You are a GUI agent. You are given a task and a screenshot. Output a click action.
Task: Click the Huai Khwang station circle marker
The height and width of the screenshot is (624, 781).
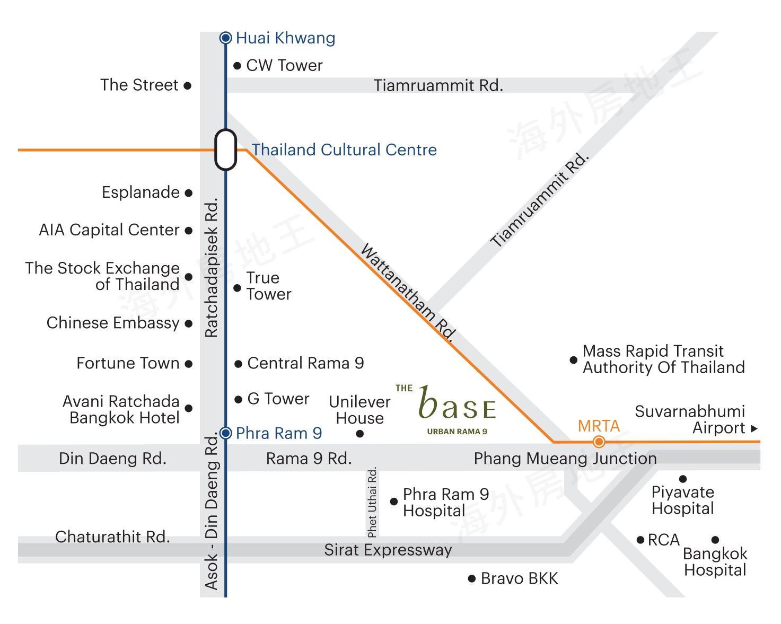[226, 38]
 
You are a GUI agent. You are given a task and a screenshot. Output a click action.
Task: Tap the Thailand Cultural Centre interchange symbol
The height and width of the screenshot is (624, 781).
[226, 150]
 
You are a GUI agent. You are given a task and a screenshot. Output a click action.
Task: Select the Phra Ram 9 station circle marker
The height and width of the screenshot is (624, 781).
[226, 433]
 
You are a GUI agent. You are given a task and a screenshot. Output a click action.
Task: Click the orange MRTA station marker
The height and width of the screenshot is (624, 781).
[599, 442]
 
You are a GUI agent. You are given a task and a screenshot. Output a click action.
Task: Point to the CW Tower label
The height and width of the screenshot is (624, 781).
[284, 65]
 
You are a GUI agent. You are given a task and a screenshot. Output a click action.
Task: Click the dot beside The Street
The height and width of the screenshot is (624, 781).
[187, 86]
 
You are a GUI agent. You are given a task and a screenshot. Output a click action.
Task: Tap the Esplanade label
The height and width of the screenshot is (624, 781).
[141, 192]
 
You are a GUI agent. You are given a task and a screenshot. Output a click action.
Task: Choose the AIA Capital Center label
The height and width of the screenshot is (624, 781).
[109, 230]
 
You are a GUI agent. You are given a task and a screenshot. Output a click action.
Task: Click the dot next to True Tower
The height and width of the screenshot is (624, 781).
[238, 288]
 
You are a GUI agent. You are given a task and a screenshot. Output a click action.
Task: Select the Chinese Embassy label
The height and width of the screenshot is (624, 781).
[113, 323]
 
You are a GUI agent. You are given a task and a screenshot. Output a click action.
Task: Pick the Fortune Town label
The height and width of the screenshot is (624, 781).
[128, 363]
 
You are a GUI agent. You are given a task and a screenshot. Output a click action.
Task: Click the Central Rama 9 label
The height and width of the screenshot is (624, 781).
[305, 363]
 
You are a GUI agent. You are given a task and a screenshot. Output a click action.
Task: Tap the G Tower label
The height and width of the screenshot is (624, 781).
[278, 399]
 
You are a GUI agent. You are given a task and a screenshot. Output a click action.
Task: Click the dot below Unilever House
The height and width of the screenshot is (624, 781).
[360, 434]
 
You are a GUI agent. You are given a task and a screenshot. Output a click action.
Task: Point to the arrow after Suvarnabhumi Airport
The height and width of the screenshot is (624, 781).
[754, 428]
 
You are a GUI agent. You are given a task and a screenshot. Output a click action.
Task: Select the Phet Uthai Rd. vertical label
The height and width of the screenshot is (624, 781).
[372, 502]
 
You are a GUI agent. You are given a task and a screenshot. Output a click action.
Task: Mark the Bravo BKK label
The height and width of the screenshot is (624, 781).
[519, 578]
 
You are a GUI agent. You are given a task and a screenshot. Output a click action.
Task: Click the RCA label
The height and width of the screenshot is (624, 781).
[663, 540]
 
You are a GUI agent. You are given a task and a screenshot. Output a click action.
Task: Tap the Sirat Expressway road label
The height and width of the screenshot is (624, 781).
[388, 550]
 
